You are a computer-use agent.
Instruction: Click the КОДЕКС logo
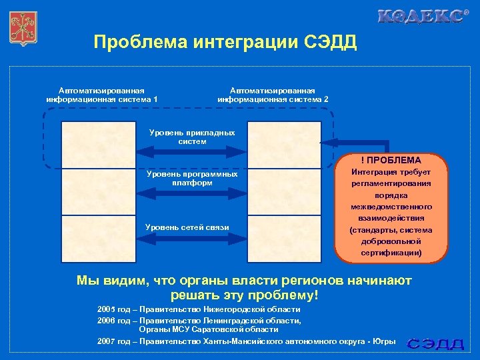tap(421, 17)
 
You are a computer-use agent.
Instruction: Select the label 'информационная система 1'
tap(102, 99)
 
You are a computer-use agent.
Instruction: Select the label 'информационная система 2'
tap(273, 99)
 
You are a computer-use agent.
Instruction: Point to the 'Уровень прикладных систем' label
tap(192, 137)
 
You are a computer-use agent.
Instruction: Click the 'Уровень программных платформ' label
tap(192, 178)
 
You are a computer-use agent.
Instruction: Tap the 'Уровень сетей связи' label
tap(187, 227)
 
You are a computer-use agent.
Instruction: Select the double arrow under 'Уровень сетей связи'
tap(192, 241)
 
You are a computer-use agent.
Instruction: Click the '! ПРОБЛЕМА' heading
tap(391, 160)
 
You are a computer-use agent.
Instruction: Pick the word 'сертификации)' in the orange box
tap(391, 253)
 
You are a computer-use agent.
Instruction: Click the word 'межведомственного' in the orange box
tap(391, 207)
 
